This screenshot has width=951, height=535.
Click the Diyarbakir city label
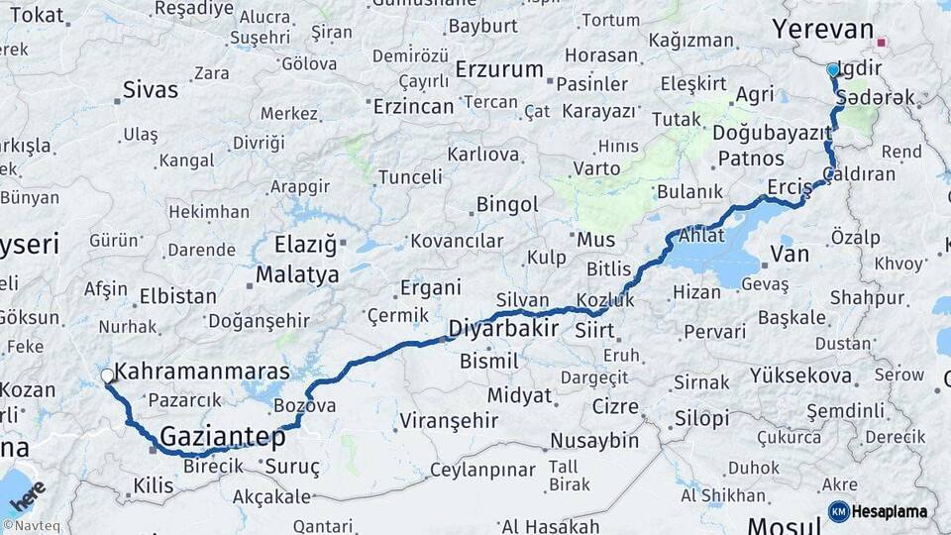(x=503, y=328)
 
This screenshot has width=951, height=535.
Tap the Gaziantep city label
(x=222, y=436)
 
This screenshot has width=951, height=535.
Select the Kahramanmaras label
(x=202, y=373)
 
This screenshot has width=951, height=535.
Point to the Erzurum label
(x=499, y=69)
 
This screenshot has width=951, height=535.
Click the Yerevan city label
(x=822, y=29)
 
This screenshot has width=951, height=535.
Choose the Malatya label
(x=297, y=274)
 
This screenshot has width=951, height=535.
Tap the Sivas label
(x=151, y=90)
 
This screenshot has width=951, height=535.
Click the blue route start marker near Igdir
(x=832, y=70)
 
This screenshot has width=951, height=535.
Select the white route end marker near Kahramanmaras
(x=107, y=375)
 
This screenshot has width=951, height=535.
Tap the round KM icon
(x=838, y=511)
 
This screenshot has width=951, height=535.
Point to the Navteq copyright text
(x=32, y=526)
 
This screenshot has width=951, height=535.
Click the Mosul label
(x=784, y=525)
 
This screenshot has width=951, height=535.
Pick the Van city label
(x=790, y=255)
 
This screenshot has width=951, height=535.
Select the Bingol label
(x=507, y=205)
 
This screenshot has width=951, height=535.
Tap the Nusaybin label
(x=596, y=440)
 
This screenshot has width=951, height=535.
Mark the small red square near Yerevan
(x=880, y=44)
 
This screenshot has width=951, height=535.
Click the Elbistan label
(x=178, y=295)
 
